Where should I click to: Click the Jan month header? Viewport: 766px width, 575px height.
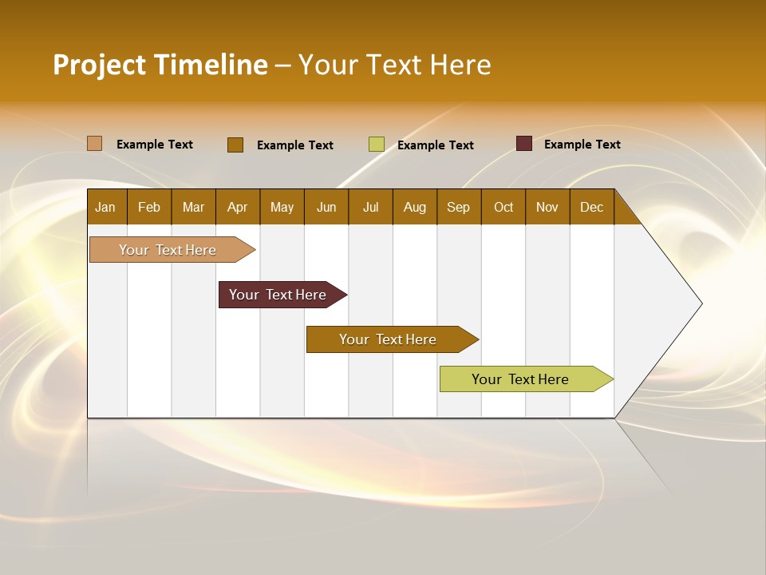105,207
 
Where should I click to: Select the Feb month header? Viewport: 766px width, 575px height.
149,207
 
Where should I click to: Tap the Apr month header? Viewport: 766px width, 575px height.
238,207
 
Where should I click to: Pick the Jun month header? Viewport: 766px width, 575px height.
326,207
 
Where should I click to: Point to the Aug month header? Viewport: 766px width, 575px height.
415,207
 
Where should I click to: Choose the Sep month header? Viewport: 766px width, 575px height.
459,207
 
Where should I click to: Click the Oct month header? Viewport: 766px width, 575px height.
503,207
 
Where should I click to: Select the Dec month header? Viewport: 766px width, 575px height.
592,207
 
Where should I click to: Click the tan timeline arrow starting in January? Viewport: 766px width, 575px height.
168,250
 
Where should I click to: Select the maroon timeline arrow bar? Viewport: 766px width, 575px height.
278,295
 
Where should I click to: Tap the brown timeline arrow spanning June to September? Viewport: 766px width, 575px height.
389,339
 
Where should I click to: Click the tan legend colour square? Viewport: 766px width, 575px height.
95,144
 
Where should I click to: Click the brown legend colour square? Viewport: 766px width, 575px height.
235,145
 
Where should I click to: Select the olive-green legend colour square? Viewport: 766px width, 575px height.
377,145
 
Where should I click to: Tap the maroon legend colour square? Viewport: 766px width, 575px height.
524,144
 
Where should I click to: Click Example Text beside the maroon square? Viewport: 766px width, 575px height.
582,144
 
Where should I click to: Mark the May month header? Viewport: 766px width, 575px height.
282,207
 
